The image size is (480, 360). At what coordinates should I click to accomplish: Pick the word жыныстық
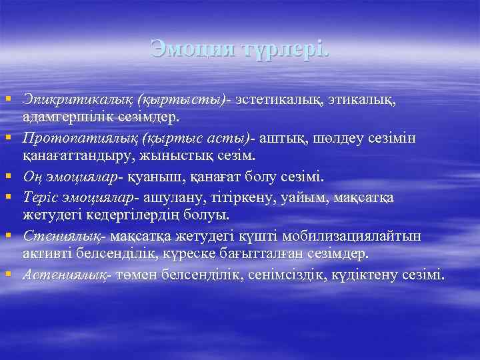(x=200, y=155)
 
